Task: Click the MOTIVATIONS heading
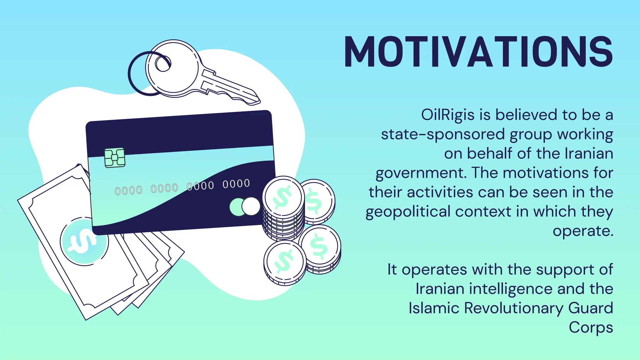[x=478, y=52]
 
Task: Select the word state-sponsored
[x=443, y=134]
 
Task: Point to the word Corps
[x=591, y=328]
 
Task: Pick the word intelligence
[x=511, y=289]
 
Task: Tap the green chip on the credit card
[x=115, y=158]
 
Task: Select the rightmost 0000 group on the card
[x=236, y=184]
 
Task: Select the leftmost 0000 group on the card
[x=128, y=190]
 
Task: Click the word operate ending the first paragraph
[x=582, y=231]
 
